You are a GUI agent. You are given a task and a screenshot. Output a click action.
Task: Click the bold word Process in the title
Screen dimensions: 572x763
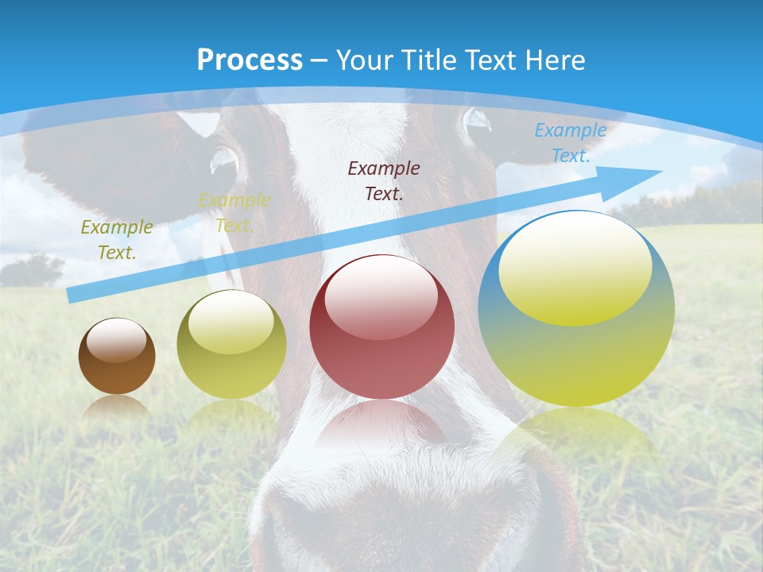coord(250,60)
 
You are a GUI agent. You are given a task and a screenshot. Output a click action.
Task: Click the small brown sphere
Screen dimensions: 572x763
coord(117,356)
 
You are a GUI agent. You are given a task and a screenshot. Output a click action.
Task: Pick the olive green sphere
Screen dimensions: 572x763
coord(231,344)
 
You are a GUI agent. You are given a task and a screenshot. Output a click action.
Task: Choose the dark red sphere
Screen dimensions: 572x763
coord(382,327)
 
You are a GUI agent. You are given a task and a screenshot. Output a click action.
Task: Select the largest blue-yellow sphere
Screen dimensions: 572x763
coord(576,308)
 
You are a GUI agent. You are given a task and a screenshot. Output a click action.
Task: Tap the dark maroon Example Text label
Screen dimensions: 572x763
coord(384,180)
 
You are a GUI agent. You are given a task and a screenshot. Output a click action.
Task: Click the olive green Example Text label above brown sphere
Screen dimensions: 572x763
coord(117,239)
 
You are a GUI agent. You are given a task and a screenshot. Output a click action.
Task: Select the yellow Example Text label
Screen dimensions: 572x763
coord(234,212)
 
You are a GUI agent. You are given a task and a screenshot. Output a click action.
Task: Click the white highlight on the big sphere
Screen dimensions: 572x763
coord(575,266)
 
